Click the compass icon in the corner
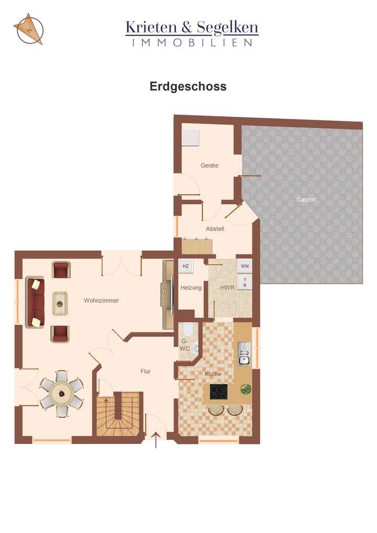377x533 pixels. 28,29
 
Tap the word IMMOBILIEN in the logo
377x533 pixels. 192,42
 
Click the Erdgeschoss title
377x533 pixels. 188,86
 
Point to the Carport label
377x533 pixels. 306,199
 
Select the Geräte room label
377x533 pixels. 209,165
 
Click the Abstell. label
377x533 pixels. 215,229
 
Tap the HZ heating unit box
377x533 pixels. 186,266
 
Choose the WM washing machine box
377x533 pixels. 245,266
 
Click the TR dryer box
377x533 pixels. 245,283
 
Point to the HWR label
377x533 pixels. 227,288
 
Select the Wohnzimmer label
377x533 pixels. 101,301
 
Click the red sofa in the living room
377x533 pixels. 36,303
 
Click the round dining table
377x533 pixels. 62,393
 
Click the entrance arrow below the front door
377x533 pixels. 156,440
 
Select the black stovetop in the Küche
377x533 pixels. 219,392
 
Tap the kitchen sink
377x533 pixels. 245,353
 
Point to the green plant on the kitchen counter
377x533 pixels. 246,389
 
